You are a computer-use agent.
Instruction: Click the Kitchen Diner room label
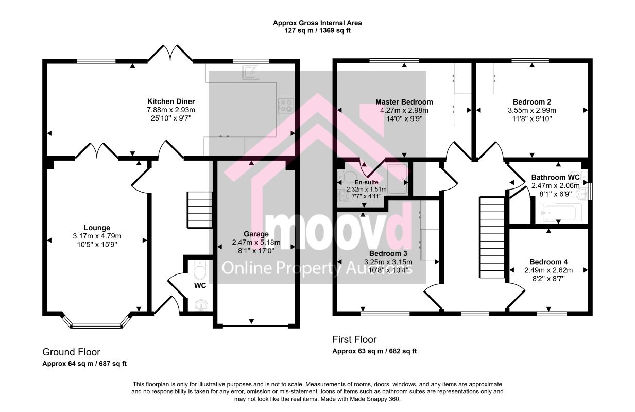(x=171, y=101)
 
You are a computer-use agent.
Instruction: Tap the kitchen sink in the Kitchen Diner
(x=250, y=72)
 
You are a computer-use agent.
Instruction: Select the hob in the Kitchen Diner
(x=285, y=106)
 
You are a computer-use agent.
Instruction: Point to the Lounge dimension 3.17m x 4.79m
(x=97, y=236)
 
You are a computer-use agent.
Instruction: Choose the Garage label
(x=256, y=234)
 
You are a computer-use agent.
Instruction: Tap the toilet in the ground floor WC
(x=200, y=270)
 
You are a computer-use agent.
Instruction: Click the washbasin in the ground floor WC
(x=201, y=306)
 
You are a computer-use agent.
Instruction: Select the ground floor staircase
(x=200, y=210)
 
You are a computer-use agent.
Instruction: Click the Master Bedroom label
(x=404, y=102)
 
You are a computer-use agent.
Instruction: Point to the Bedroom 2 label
(x=532, y=102)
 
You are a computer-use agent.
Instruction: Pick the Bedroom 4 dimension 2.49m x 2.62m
(x=548, y=270)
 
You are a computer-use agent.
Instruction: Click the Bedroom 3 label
(x=388, y=253)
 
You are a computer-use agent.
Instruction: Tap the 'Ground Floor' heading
(x=71, y=352)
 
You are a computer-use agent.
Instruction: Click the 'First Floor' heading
(x=354, y=339)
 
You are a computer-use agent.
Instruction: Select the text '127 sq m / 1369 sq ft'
(x=317, y=30)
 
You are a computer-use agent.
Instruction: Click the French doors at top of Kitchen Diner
(x=170, y=53)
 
